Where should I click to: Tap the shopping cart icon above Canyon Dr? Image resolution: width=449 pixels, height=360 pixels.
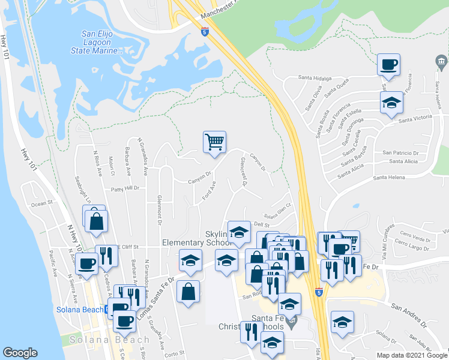(214, 142)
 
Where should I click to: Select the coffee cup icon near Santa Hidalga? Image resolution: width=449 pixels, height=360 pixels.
(388, 64)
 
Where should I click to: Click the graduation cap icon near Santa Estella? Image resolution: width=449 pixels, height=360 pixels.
(391, 103)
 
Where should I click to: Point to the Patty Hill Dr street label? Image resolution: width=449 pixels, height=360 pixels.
(125, 188)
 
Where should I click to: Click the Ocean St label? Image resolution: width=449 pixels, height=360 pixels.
(42, 203)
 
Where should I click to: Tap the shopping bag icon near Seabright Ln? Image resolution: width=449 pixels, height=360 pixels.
(96, 220)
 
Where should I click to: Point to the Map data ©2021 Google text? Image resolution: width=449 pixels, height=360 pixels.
(412, 355)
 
